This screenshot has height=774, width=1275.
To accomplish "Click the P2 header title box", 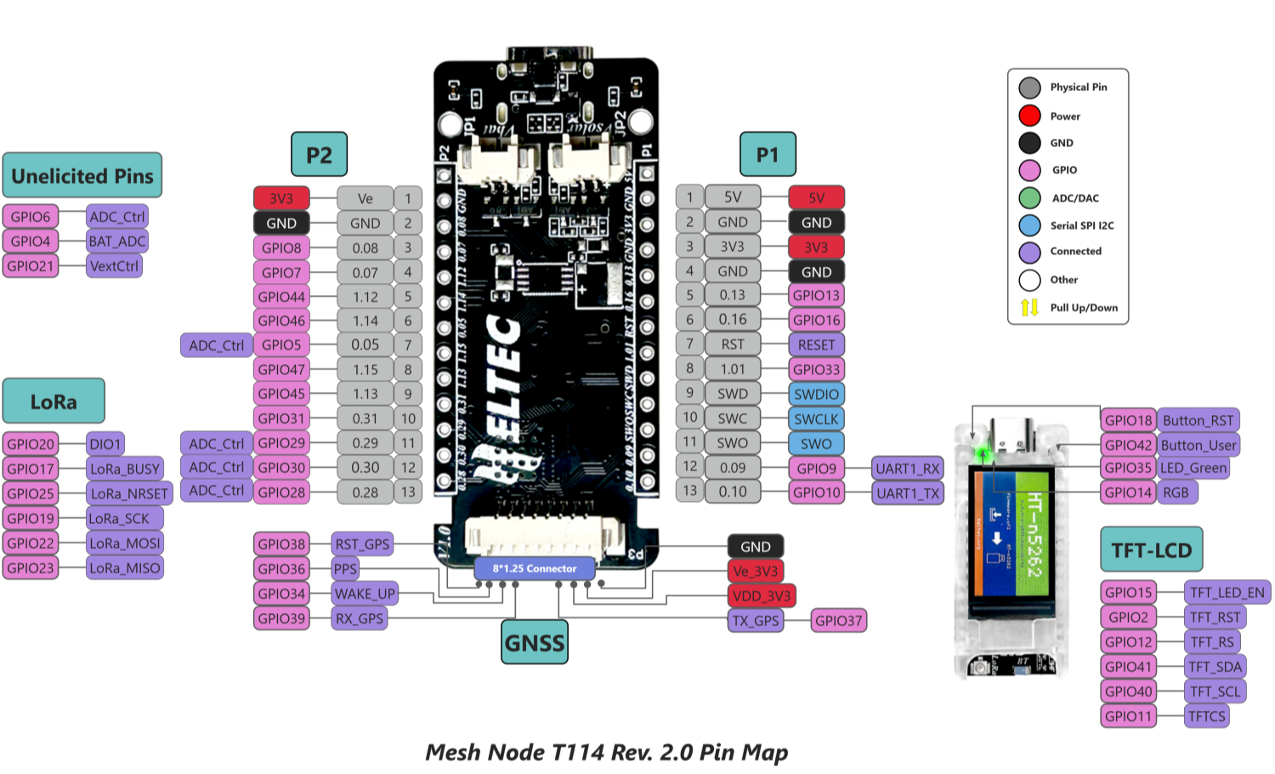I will coord(319,155).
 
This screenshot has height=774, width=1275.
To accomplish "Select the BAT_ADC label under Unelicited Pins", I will coord(117,242).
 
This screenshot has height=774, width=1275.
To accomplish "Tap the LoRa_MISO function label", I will coord(125,568).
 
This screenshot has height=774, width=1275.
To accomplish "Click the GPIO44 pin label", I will coord(281,297).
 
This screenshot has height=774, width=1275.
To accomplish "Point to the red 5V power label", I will coord(816,198).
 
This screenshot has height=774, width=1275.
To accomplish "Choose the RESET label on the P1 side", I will coord(816,345).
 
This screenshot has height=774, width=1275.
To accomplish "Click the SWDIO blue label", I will coord(816,395).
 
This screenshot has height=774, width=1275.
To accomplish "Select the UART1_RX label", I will coord(907,469).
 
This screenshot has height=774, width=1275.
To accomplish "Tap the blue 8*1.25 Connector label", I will coord(534,568).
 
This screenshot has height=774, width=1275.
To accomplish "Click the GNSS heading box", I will coord(534,643).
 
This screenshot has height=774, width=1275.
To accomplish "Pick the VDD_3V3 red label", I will coord(761,596).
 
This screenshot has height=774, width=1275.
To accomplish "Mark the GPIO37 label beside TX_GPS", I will coord(838,621).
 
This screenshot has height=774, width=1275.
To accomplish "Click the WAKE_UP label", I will coord(364,594).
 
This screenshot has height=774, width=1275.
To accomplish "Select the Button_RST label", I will coord(1198,420).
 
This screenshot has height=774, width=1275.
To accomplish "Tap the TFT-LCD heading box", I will coord(1151,550).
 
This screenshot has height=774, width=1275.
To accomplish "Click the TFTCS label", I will coord(1207,716).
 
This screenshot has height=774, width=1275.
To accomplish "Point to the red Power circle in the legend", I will coord(1029,116).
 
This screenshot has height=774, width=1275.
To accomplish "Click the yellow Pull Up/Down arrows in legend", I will coord(1029,308).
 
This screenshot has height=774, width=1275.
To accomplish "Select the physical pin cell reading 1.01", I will coord(732,369).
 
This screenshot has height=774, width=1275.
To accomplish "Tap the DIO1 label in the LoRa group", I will coord(105,444).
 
